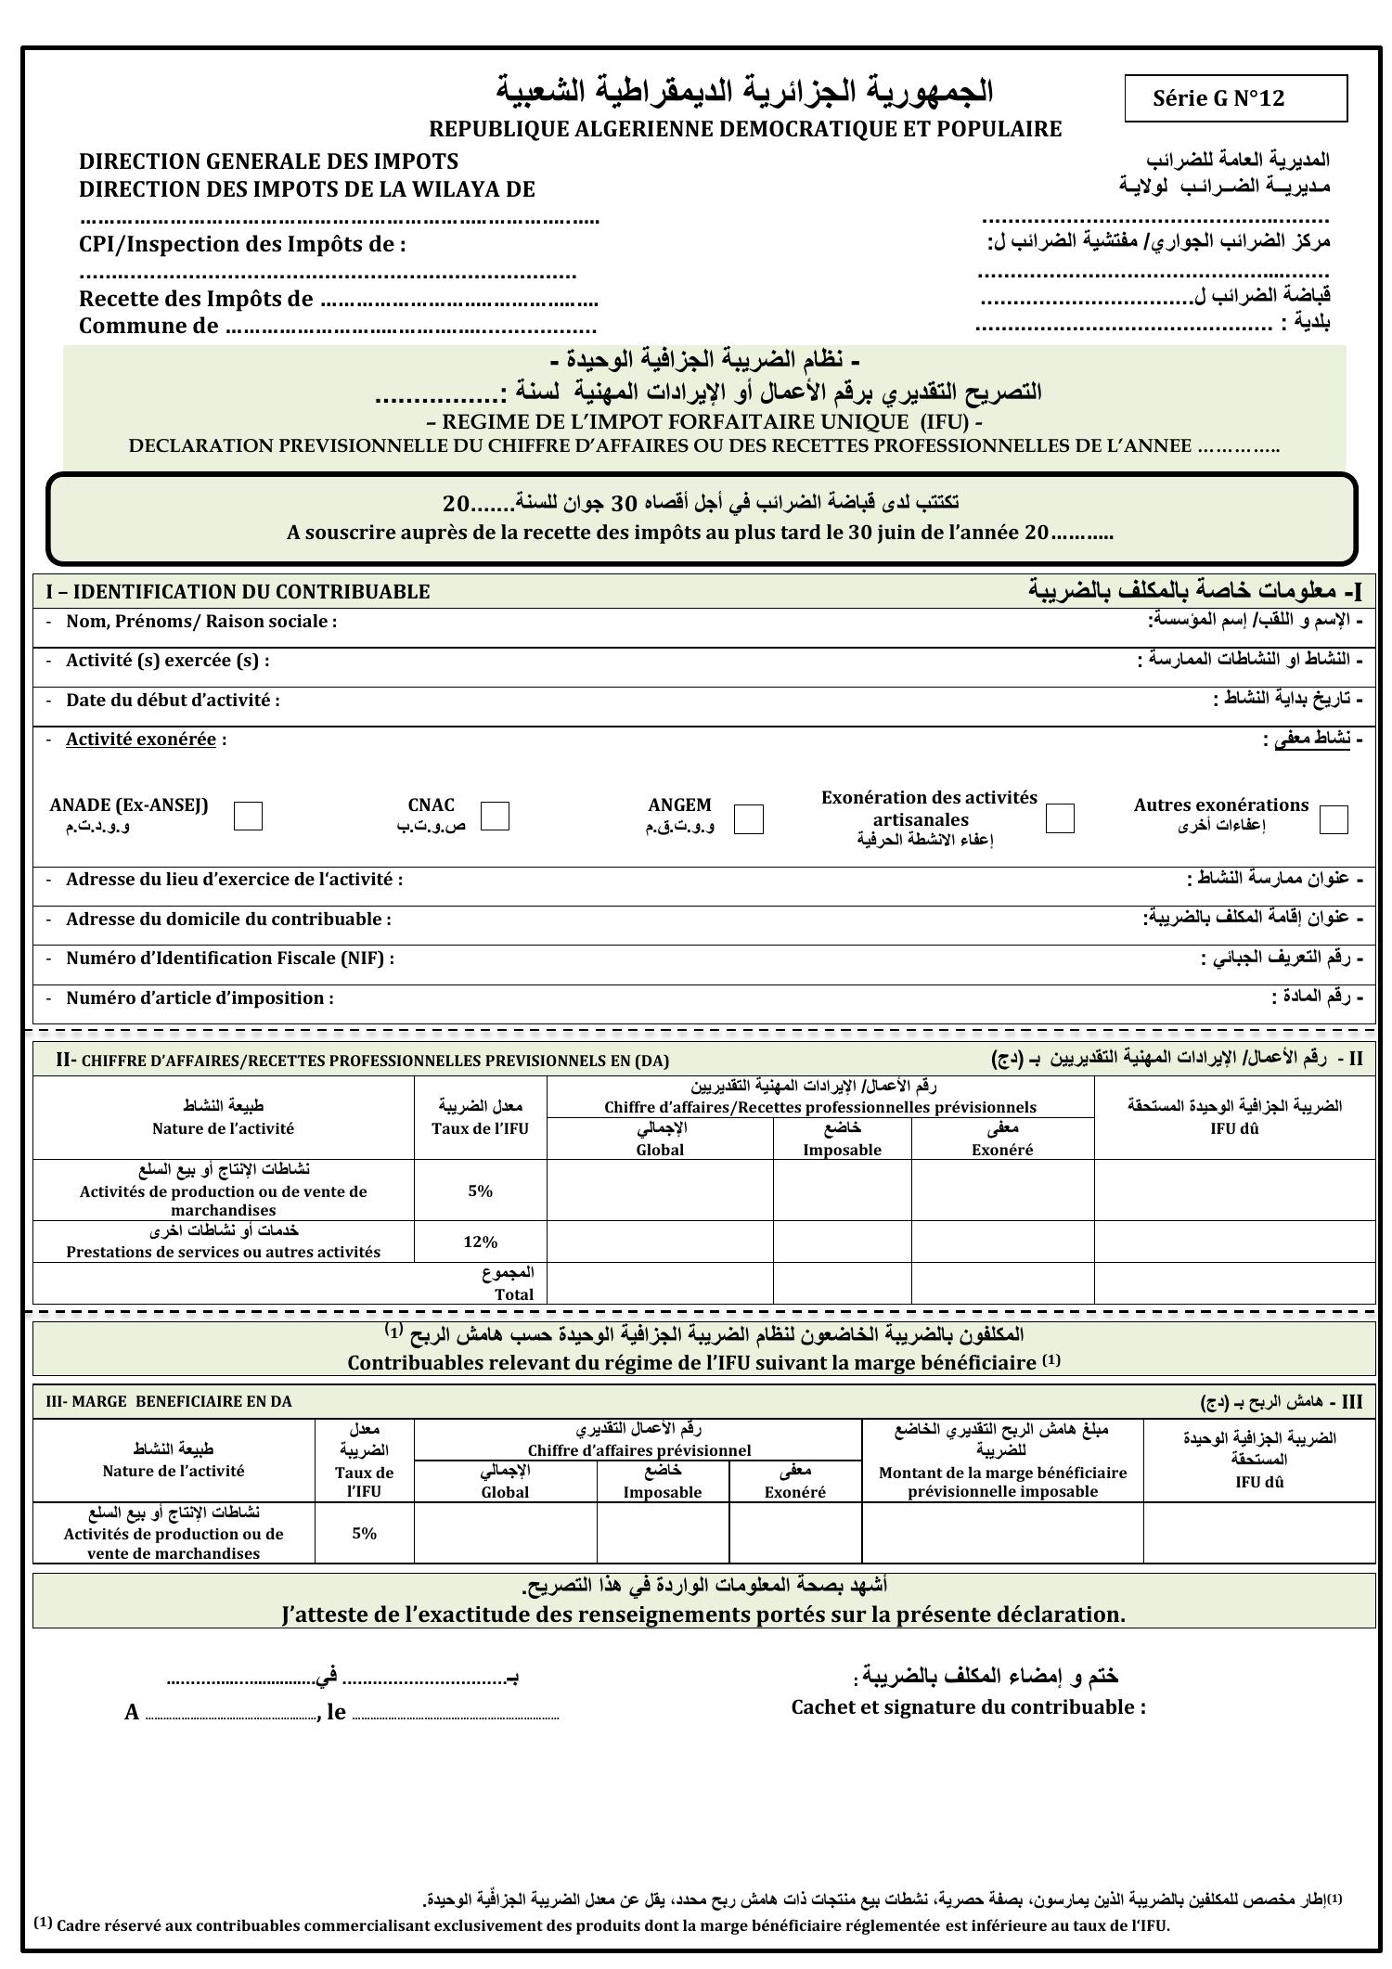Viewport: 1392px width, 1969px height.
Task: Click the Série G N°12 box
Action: point(1235,98)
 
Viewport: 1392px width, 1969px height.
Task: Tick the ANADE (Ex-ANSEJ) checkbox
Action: point(248,816)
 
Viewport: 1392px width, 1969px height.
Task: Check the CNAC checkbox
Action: point(495,816)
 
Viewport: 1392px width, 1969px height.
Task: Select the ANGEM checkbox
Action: point(748,818)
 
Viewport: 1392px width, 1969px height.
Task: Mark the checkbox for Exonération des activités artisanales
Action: point(1060,818)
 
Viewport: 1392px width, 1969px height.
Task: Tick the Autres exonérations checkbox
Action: point(1334,819)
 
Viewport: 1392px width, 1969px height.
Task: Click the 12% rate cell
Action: point(480,1242)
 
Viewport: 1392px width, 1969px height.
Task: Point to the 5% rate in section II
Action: point(480,1190)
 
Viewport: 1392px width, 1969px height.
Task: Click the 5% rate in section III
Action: point(364,1533)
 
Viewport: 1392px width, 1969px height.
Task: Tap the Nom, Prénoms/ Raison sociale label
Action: point(200,622)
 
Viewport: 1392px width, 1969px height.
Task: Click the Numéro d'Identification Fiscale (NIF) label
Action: point(229,959)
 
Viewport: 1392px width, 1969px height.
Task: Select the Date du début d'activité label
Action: point(173,701)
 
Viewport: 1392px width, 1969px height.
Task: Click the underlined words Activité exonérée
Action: point(141,740)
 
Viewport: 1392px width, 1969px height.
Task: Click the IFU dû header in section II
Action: point(1234,1129)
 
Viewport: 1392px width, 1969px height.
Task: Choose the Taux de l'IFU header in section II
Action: point(480,1128)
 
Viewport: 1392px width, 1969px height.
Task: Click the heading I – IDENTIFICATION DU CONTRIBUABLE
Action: point(238,592)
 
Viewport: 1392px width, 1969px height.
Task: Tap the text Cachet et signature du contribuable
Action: point(968,1707)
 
